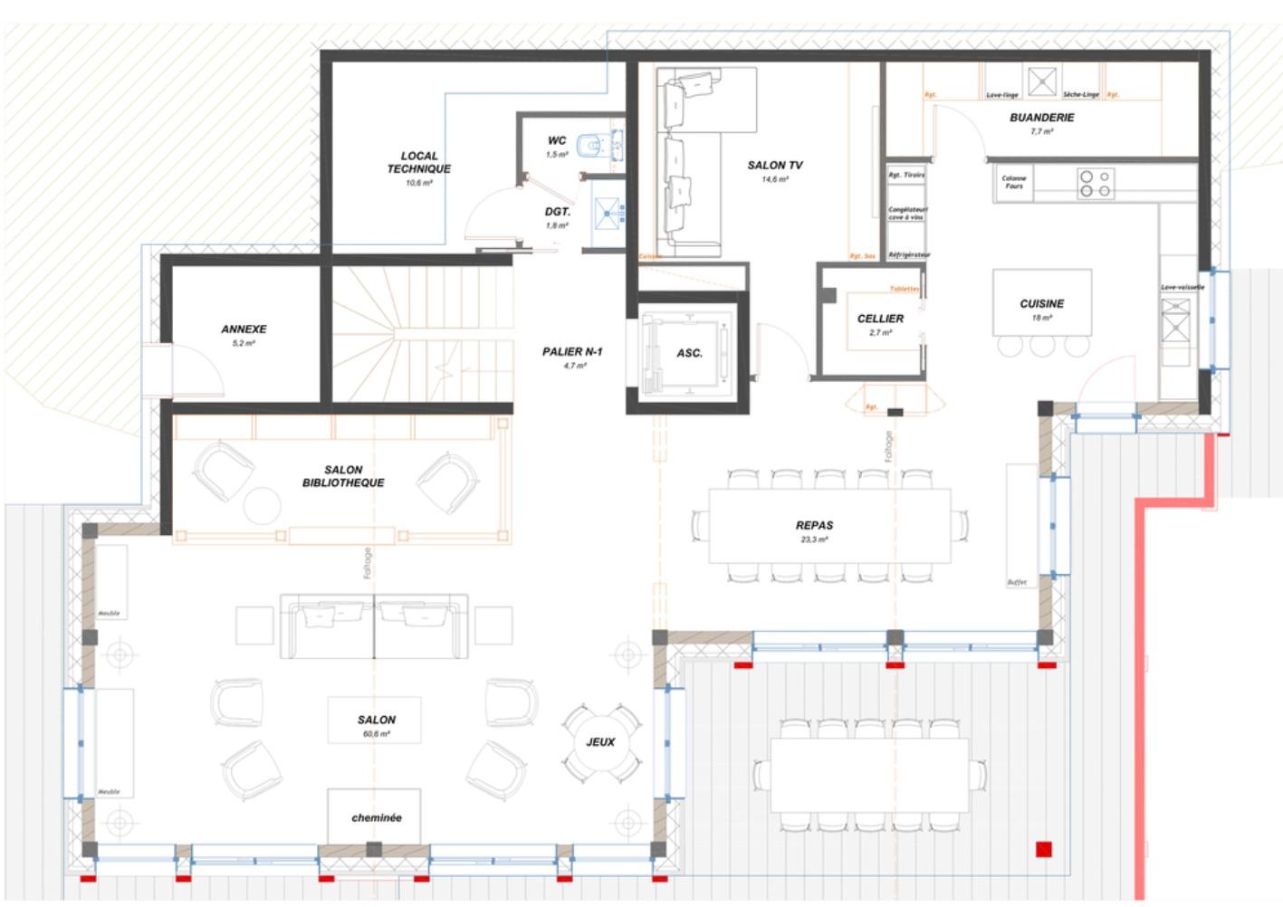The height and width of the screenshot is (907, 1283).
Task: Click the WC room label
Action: pos(557,140)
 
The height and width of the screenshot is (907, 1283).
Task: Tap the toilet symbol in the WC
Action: pos(591,145)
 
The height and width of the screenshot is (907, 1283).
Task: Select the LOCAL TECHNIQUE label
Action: pos(418,163)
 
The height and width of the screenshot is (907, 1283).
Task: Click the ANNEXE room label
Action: pos(244,329)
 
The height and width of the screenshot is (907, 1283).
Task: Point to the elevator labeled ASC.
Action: pos(687,354)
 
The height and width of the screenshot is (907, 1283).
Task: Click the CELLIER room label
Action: pos(880,319)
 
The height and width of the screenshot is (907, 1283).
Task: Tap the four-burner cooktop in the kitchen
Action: pos(1095,184)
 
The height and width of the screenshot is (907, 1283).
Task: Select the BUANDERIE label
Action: pos(1042,118)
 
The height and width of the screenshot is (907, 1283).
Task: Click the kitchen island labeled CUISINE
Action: pos(1041,303)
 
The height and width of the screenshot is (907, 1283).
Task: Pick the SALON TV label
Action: pos(774,166)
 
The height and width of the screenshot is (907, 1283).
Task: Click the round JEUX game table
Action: pos(600,742)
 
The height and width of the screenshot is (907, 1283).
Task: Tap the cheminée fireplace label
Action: pos(376,817)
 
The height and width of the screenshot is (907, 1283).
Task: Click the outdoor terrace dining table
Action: pos(869,775)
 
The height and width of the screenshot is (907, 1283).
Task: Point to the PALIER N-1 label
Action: pos(572,352)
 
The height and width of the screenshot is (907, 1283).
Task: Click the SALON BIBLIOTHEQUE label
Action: pos(343,476)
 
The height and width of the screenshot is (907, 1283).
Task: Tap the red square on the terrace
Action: pos(1044,849)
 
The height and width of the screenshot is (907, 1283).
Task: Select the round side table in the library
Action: pos(263,505)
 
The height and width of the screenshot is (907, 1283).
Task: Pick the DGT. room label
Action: pos(557,212)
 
